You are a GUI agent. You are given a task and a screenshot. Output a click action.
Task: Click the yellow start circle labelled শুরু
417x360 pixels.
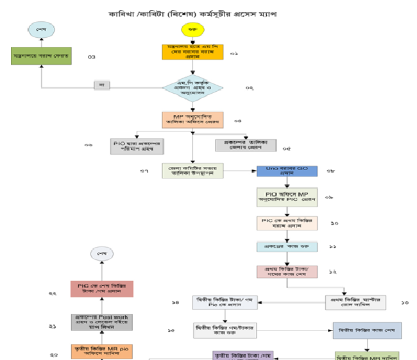[x=192, y=30]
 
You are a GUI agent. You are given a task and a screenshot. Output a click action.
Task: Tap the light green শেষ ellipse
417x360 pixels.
[x=40, y=29]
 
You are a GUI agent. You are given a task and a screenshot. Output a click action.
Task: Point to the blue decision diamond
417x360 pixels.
[x=192, y=87]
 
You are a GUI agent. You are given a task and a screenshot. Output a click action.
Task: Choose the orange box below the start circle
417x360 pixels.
[x=192, y=52]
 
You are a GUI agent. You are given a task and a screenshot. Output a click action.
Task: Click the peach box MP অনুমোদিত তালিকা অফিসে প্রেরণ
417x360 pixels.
[x=192, y=120]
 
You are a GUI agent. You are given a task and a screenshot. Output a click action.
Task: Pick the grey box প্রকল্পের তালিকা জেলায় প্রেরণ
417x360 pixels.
[x=241, y=144]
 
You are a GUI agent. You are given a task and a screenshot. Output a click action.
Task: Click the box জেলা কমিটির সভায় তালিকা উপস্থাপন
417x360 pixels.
[x=192, y=171]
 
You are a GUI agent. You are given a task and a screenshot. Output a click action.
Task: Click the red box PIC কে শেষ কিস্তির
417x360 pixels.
[x=101, y=288]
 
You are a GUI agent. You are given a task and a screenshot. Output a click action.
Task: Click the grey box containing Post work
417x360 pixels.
[x=101, y=321]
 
